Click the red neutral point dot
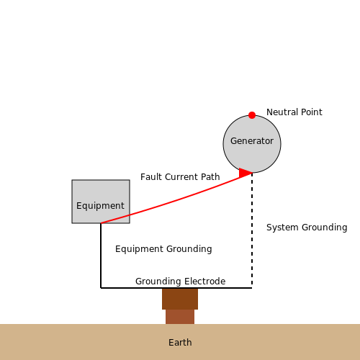(252, 115)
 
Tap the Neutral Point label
(294, 112)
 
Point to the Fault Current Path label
(180, 177)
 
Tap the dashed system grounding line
(252, 230)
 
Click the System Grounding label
(307, 228)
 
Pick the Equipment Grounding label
(163, 249)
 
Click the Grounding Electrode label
(180, 282)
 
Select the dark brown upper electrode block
(180, 299)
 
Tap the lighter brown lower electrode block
(180, 317)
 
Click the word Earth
(180, 343)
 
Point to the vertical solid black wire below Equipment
(101, 256)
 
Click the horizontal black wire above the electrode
(176, 288)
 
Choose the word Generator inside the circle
(252, 141)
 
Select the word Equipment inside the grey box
(100, 206)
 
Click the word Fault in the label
(151, 177)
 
